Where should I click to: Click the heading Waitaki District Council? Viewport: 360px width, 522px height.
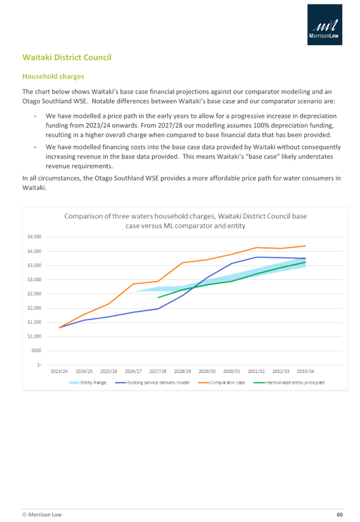pos(66,58)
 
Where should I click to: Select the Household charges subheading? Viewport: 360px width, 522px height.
pos(53,76)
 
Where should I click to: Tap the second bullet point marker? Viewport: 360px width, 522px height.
pos(35,146)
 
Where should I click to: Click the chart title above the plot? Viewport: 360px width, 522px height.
pos(185,221)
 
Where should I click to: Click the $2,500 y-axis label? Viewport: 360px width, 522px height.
pos(34,294)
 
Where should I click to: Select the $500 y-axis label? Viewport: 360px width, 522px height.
pos(36,351)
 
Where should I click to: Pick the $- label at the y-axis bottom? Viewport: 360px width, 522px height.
pos(38,365)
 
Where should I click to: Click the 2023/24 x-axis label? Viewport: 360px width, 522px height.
pos(59,371)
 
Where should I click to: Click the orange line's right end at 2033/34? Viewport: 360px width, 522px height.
pos(306,245)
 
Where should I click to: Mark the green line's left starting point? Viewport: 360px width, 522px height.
pos(158,298)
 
